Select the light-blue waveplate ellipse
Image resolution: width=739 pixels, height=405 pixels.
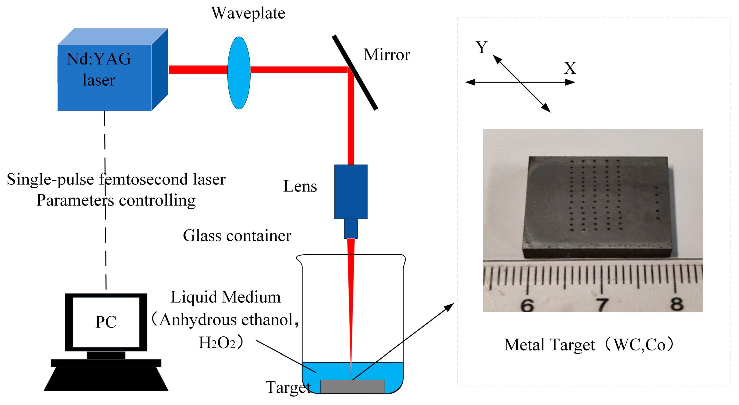pos(239,73)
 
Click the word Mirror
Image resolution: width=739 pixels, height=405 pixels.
pos(387,55)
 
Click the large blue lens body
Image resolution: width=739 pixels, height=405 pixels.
pos(351,192)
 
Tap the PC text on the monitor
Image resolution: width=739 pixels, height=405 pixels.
pos(106,322)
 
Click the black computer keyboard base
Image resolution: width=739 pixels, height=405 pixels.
pos(106,378)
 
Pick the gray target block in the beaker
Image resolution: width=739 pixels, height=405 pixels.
pos(352,387)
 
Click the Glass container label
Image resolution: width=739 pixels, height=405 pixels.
pos(237,236)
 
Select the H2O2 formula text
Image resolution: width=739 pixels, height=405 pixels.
pos(217,343)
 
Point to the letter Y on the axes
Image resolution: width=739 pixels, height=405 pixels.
pos(481,47)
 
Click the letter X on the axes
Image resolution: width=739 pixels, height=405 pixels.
pos(570,68)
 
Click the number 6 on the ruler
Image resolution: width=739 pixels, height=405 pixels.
pos(527,305)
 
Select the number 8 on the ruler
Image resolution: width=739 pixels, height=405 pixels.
pos(677,304)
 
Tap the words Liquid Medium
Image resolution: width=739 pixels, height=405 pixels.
pos(225,297)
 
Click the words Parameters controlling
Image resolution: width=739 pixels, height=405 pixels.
pos(116,200)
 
